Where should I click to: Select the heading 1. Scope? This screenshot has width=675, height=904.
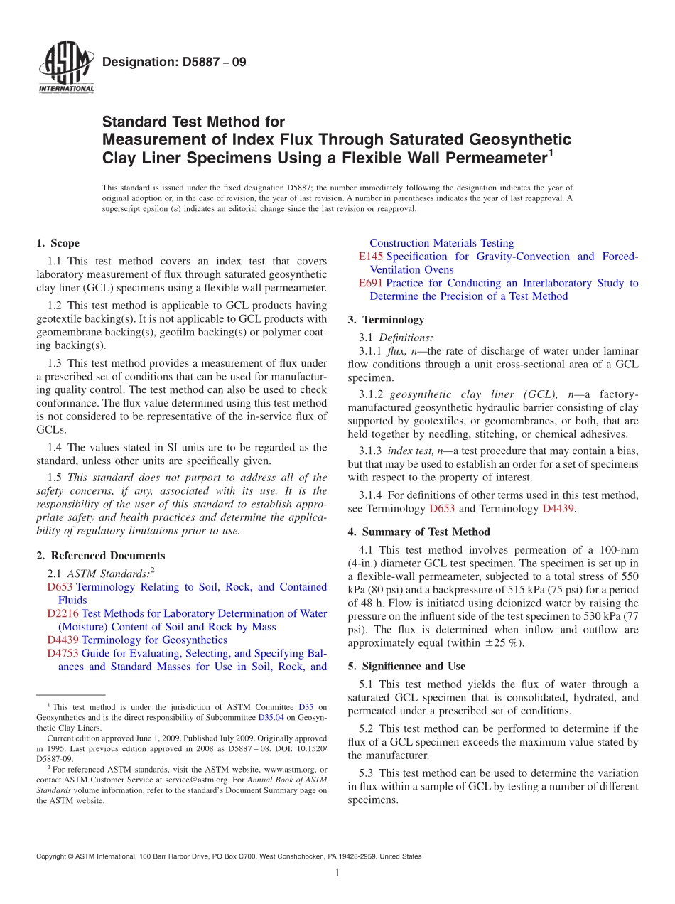(x=58, y=243)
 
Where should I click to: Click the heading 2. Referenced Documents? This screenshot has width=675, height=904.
(x=100, y=556)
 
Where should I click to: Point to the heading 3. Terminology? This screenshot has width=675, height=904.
(x=386, y=320)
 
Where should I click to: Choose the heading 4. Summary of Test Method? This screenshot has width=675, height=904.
(x=418, y=532)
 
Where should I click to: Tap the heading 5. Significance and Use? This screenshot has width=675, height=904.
(x=406, y=667)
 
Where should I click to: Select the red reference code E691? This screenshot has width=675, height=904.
(x=371, y=283)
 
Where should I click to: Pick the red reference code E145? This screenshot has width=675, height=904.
(x=371, y=257)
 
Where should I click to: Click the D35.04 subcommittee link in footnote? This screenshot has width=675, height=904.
(x=269, y=718)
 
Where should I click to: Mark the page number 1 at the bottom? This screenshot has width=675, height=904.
(x=337, y=873)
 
